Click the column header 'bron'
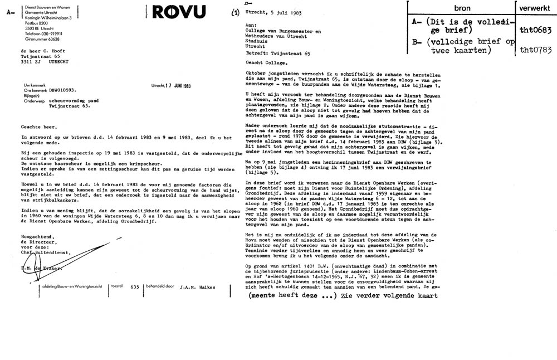[x=462, y=9]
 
